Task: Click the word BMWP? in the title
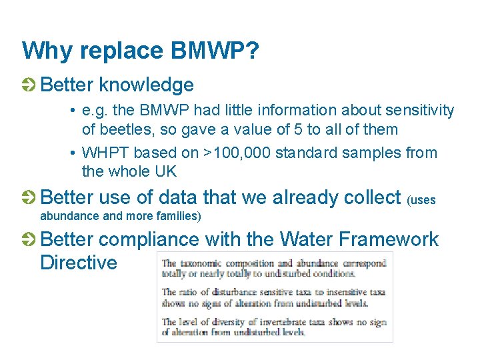click(x=215, y=51)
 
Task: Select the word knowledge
click(x=146, y=85)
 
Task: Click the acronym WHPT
click(x=105, y=153)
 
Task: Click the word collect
click(x=369, y=197)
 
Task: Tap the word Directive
click(x=79, y=262)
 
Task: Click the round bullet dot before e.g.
click(x=71, y=110)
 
